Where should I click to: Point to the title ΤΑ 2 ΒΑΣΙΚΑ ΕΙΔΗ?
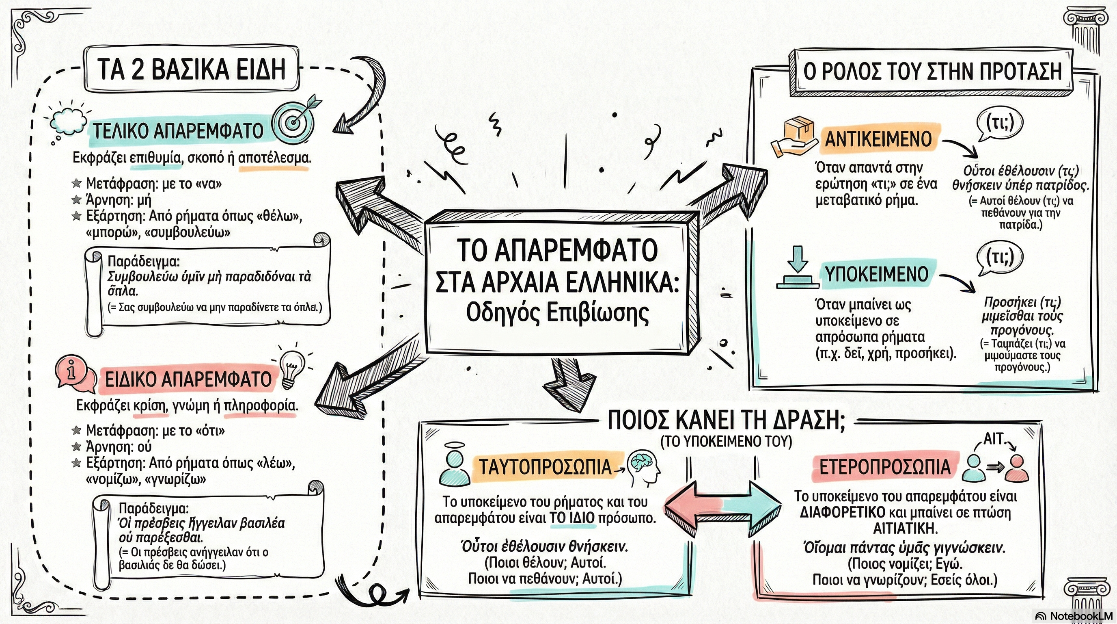191,69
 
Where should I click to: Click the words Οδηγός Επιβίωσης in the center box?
557,313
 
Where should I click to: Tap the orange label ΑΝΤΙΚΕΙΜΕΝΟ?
878,139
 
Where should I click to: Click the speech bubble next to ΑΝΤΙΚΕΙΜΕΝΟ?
999,125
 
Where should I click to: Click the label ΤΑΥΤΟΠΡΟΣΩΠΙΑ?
545,467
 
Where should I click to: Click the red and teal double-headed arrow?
723,508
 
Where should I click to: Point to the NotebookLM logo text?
1075,616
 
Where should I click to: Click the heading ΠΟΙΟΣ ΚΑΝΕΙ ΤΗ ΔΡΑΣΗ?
726,420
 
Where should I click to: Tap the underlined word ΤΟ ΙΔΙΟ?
573,518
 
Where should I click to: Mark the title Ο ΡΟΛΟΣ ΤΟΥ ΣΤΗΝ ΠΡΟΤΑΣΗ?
932,71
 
